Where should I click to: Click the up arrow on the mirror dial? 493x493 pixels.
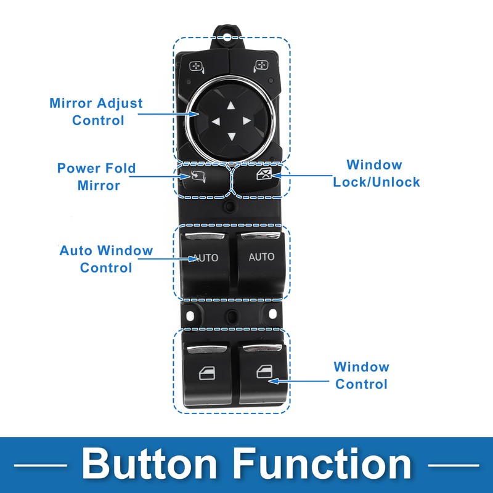(x=231, y=105)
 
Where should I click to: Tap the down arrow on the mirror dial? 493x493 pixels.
(x=232, y=136)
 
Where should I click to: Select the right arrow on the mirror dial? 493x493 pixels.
(x=247, y=121)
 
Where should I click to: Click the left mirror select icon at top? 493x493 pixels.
(x=197, y=67)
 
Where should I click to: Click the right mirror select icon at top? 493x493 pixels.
(x=261, y=66)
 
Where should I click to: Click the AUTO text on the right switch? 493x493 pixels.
(x=261, y=257)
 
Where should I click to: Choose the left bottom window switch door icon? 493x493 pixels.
(x=208, y=373)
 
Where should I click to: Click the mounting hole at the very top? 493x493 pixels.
(x=227, y=38)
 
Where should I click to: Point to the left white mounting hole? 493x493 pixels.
(x=190, y=316)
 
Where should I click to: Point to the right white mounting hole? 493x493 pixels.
(x=272, y=314)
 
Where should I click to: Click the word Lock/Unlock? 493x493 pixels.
(x=377, y=182)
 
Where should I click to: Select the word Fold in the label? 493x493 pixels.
(x=120, y=168)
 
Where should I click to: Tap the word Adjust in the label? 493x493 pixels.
(x=120, y=104)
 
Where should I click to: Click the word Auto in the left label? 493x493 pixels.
(x=76, y=251)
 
